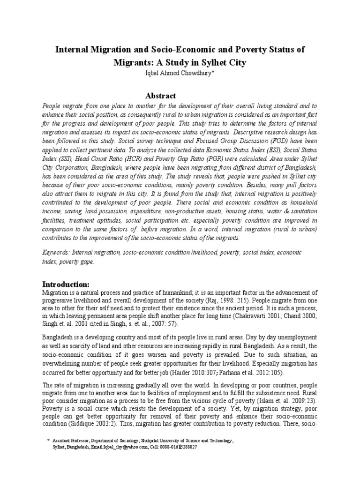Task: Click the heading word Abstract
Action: [160, 96]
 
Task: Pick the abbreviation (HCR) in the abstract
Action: [131, 171]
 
